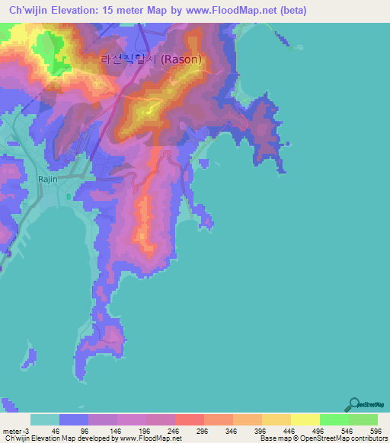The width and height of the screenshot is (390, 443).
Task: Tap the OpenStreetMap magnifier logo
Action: (x=355, y=404)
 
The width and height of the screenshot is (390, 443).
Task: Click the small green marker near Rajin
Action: (x=69, y=197)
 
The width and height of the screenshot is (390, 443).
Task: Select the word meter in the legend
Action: (x=13, y=430)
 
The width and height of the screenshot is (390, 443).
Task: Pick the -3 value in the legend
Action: (x=28, y=430)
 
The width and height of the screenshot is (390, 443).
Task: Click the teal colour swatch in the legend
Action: (x=45, y=419)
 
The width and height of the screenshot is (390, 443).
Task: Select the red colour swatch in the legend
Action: (x=189, y=419)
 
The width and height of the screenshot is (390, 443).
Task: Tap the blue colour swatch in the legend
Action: (x=74, y=419)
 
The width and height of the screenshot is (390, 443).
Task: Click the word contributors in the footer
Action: (x=367, y=438)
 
